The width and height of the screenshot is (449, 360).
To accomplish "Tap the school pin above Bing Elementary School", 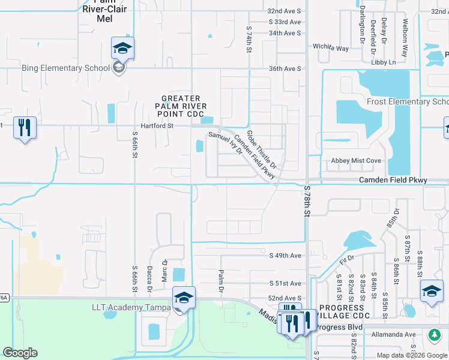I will click(x=122, y=47).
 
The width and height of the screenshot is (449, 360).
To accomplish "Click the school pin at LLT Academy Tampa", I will click(x=184, y=298).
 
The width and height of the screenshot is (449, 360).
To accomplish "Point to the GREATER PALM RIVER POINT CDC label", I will click(x=181, y=106).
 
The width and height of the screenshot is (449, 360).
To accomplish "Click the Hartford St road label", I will click(x=157, y=126).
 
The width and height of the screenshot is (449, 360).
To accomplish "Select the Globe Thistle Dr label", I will click(x=262, y=149).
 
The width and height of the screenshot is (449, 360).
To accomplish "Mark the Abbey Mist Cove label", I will click(x=356, y=161).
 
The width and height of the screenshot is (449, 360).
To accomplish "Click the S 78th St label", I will click(x=307, y=203).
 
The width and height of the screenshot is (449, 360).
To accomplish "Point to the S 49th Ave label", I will click(x=285, y=256).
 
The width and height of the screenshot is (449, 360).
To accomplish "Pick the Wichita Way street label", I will click(x=331, y=47).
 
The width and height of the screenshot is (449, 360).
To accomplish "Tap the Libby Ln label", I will click(x=384, y=62).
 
